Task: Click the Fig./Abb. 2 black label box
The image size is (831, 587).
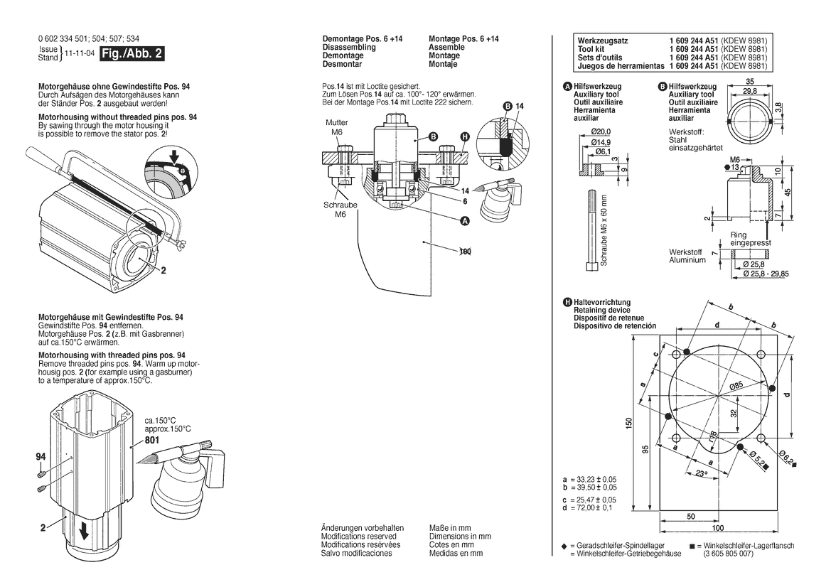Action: click(x=133, y=53)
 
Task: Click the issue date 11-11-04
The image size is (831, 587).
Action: click(x=79, y=53)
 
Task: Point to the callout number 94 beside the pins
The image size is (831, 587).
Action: click(x=41, y=458)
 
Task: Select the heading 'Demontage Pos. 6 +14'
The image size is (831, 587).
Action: click(x=363, y=39)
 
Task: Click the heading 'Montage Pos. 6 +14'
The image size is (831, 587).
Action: click(x=463, y=39)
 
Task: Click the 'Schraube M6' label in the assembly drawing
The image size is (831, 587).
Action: click(x=340, y=208)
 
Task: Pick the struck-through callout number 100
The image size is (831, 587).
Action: click(x=466, y=252)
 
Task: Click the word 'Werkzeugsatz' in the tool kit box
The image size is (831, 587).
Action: click(x=603, y=41)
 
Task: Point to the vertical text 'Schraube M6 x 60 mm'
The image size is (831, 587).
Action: click(x=604, y=230)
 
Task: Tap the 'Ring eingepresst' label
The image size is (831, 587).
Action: click(x=750, y=239)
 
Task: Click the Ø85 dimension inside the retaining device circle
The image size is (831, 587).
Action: click(x=735, y=386)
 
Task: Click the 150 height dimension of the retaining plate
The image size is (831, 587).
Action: click(x=629, y=422)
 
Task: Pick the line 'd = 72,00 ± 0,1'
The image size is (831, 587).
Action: click(x=589, y=508)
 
